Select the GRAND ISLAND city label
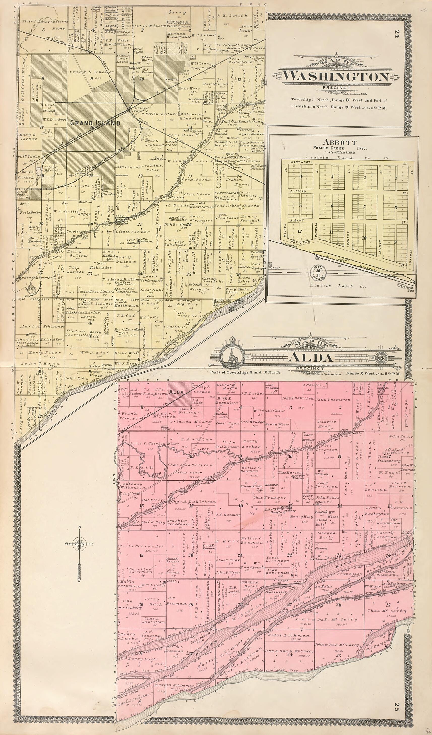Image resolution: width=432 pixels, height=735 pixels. [x=95, y=123]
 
